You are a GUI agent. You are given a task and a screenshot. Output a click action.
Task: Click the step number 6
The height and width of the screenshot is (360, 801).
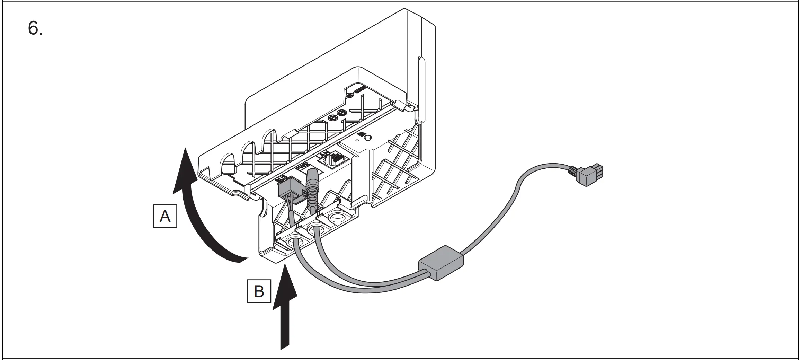35,28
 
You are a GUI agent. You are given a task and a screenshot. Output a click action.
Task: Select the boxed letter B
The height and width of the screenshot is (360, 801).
259,291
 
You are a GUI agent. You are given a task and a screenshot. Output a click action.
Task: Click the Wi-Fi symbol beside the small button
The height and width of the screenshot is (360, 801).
362,134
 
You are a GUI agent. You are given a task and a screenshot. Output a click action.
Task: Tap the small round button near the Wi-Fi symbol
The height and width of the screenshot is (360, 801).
368,138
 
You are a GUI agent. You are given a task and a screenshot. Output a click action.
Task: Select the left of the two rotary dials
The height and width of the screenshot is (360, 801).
332,117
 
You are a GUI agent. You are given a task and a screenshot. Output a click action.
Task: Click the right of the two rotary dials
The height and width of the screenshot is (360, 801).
342,112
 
